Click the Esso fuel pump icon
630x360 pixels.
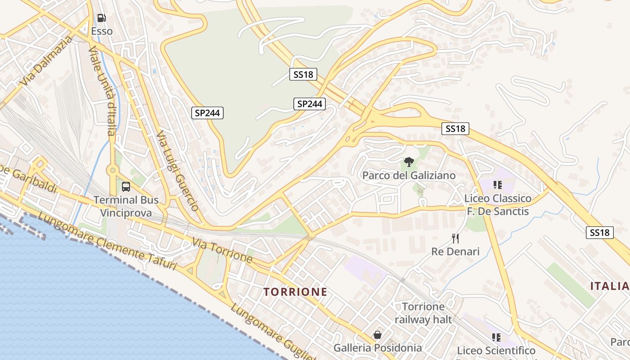[102, 18]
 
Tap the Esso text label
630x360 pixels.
[102, 31]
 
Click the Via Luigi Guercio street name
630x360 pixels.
[177, 171]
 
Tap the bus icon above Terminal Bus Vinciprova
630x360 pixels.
[126, 186]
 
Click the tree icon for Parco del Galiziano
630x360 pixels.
[409, 162]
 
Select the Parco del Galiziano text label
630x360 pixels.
[409, 175]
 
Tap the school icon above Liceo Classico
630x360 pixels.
[497, 184]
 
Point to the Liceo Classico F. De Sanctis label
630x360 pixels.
[498, 205]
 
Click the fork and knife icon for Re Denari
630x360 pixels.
[455, 238]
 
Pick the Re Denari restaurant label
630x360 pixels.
[455, 251]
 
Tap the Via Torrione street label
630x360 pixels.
[222, 250]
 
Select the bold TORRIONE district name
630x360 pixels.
[296, 292]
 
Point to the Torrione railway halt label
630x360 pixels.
[423, 313]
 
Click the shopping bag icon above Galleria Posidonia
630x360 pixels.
[378, 335]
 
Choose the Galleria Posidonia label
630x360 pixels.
[378, 348]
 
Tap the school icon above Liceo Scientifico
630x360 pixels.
[496, 337]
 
